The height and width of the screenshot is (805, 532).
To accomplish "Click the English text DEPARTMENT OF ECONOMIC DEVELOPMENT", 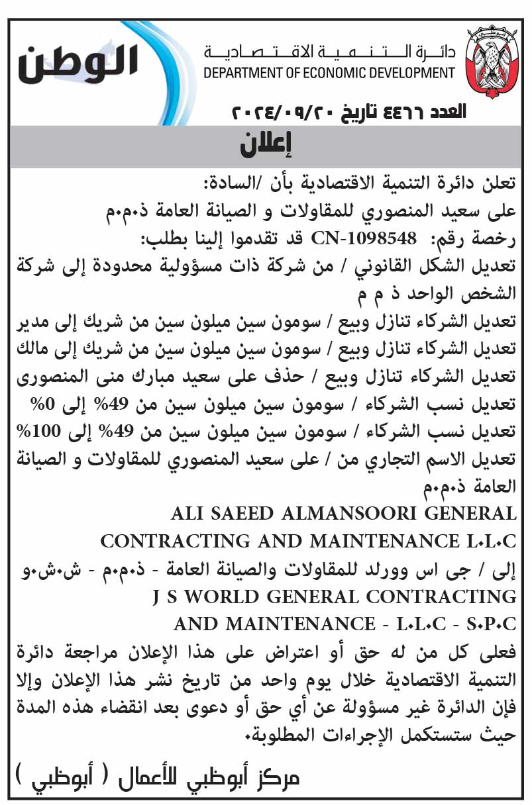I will point(329,73).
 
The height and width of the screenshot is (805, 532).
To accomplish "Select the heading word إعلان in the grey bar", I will point(266,144).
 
